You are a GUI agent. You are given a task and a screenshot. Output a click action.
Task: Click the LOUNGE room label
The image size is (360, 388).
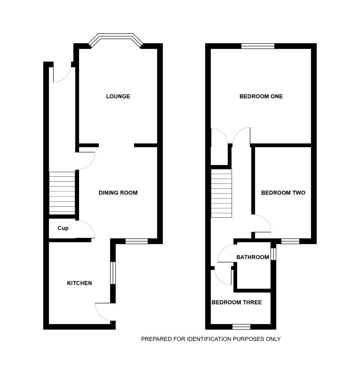tap(118, 96)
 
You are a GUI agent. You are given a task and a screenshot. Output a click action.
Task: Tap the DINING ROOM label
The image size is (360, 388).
tap(118, 193)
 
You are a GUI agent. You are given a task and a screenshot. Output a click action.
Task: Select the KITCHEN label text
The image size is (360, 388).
tap(80, 283)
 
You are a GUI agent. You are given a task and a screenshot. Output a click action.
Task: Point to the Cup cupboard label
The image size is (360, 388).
tap(63, 228)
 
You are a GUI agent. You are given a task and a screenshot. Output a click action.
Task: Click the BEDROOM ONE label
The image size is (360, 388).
tap(261, 96)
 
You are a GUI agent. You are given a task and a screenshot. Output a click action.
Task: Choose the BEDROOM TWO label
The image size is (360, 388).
tap(283, 193)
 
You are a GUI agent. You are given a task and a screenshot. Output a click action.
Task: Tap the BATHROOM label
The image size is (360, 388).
tap(252, 258)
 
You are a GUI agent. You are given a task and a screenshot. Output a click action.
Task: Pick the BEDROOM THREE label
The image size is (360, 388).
tap(237, 303)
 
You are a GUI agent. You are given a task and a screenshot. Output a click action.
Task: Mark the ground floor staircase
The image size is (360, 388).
tap(62, 193)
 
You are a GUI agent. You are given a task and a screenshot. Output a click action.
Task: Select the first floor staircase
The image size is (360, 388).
tap(221, 193)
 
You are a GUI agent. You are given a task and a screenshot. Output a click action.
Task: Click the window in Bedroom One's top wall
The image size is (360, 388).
tap(257, 45)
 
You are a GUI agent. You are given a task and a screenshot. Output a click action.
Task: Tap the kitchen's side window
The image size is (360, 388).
tap(113, 272)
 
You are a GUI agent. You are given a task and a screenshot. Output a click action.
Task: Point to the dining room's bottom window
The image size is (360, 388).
tap(136, 241)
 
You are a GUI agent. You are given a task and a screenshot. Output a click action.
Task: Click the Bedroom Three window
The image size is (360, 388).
tap(241, 326)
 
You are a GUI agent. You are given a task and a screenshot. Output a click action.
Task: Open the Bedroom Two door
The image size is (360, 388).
tap(262, 224)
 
